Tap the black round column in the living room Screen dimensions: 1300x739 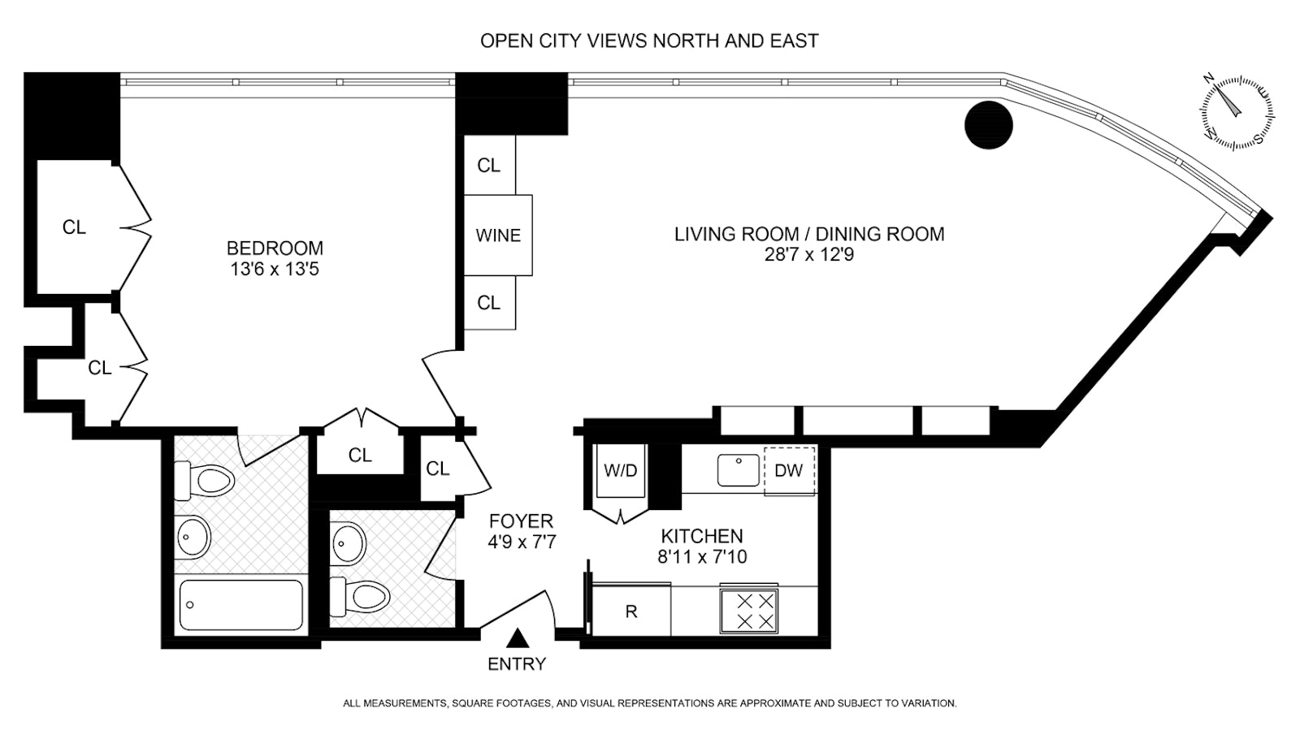(988, 125)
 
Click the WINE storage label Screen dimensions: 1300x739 (498, 236)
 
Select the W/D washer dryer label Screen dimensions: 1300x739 (621, 470)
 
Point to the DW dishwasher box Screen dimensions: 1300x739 (789, 471)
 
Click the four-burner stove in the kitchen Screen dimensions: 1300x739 (748, 612)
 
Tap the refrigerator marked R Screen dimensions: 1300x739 (630, 611)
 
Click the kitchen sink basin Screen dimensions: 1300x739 (739, 470)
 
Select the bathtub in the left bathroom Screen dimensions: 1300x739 (240, 605)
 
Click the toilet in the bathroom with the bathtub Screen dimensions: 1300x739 (204, 480)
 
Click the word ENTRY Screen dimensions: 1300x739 (517, 663)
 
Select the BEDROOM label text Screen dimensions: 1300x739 (275, 248)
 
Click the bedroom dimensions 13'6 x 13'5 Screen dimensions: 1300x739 (275, 269)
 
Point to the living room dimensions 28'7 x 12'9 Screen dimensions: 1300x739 (809, 255)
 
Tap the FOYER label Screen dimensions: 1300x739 (521, 521)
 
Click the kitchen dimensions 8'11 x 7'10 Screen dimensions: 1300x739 (702, 557)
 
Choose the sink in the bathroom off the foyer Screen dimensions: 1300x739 (349, 543)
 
